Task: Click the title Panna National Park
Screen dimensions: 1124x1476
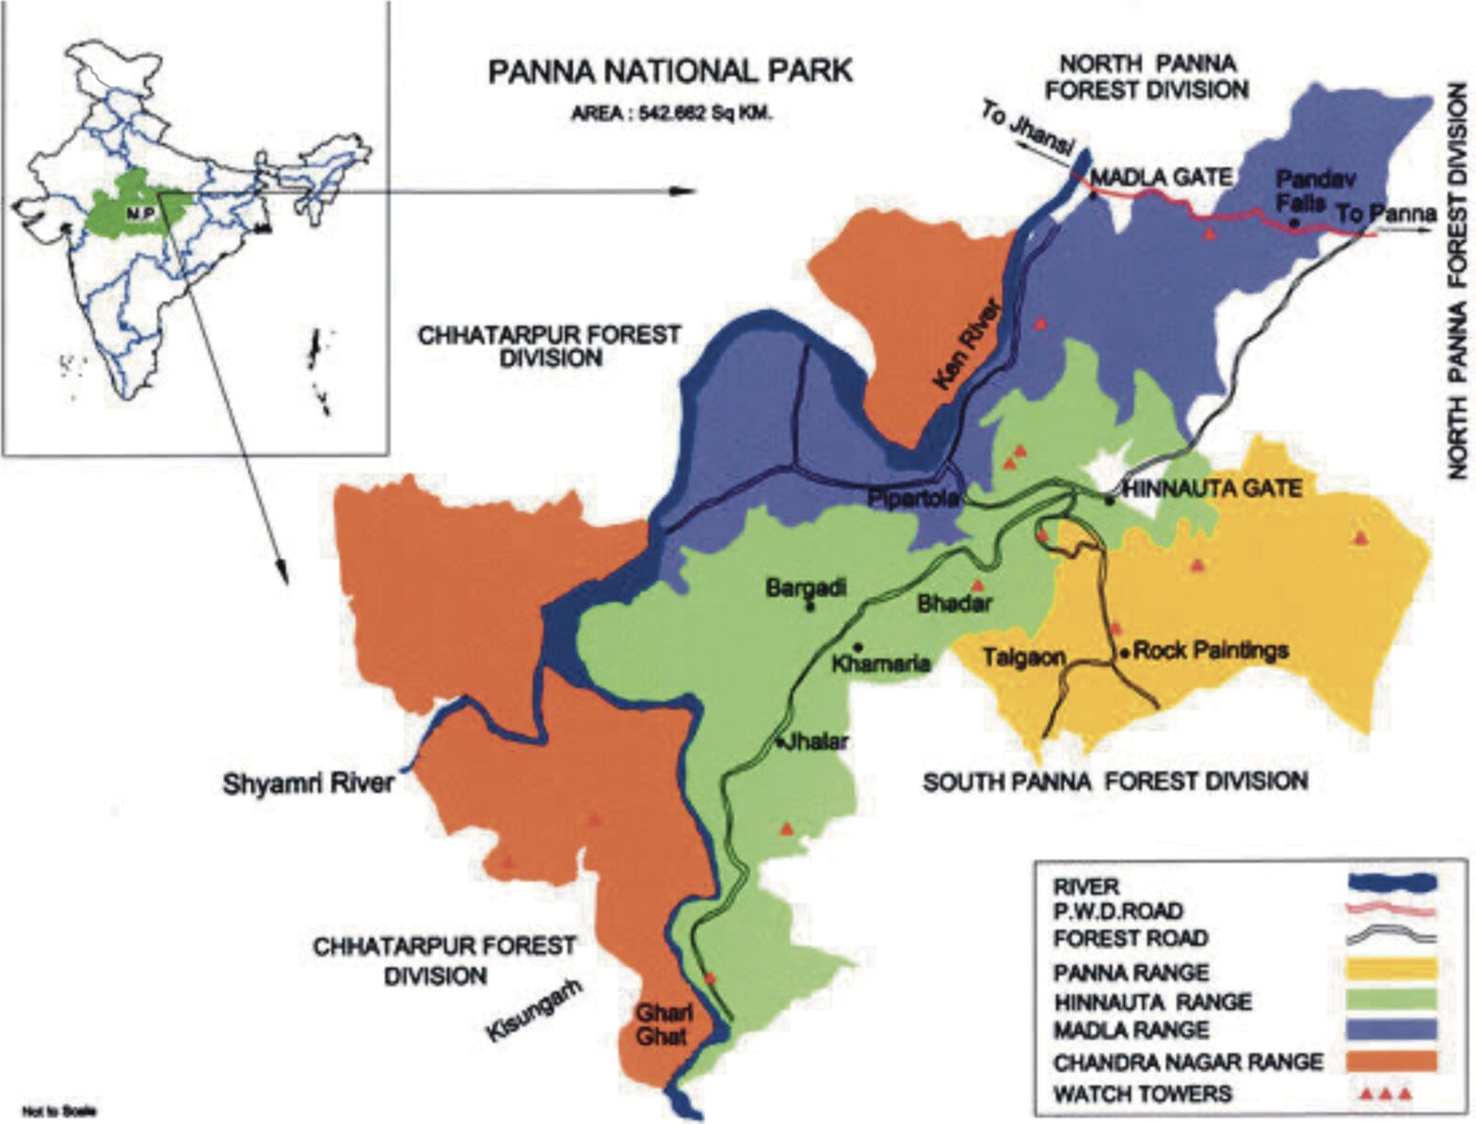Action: [x=669, y=72]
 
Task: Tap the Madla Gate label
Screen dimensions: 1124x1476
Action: [x=1162, y=176]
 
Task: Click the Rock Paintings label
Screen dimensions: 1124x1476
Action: [x=1211, y=650]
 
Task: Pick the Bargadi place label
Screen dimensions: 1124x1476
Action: [x=806, y=588]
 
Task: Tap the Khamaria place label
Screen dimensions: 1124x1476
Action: [x=882, y=664]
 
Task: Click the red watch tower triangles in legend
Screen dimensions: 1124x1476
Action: [x=1385, y=1094]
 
